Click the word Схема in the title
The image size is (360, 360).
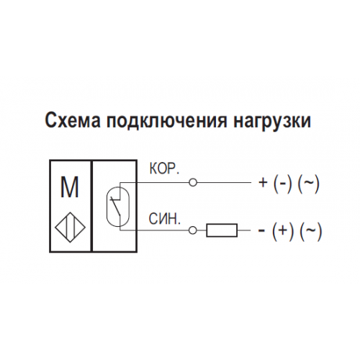73,120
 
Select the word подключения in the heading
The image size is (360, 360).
167,122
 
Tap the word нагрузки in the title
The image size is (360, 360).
272,122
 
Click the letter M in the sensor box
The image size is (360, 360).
69,187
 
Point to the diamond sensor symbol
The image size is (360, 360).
70,228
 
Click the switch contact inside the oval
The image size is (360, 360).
117,206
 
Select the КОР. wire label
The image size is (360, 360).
164,169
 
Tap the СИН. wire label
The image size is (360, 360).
164,219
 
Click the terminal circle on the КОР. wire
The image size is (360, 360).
193,183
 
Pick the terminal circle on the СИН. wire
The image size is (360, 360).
193,230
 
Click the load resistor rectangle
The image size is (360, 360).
222,230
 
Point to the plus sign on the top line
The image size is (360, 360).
263,183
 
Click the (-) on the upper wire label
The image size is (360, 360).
283,184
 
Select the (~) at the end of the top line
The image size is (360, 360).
309,184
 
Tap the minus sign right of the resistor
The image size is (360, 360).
261,231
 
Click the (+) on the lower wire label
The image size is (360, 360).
283,231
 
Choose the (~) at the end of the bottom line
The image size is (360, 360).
310,231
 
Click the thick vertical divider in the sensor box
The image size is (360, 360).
91,206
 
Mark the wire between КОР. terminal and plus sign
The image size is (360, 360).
224,183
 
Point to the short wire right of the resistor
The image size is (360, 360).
244,230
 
